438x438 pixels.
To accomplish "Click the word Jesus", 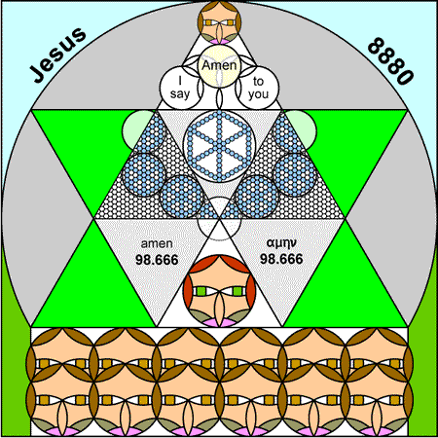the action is click(x=58, y=55).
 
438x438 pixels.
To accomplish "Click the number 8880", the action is click(x=391, y=61).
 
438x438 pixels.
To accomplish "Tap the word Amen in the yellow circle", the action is click(x=219, y=65).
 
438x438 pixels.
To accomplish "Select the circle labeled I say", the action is click(x=180, y=88).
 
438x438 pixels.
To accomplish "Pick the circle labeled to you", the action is click(x=258, y=88).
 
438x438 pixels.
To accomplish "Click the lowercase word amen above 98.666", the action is click(x=157, y=243).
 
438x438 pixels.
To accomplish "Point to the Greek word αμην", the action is click(x=281, y=242).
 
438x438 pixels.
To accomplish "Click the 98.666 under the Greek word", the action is click(x=281, y=259).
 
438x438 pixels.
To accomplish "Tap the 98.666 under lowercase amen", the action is click(x=157, y=260).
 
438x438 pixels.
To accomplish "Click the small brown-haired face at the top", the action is click(x=219, y=22).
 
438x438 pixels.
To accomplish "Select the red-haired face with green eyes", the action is click(x=219, y=291).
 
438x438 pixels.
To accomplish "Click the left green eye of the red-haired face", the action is click(x=201, y=291).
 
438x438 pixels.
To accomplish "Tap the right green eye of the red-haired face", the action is click(x=237, y=291).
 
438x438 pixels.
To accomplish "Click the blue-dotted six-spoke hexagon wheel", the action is click(x=219, y=146).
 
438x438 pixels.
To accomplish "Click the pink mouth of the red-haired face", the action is click(x=219, y=322).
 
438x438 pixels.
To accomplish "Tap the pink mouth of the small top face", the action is click(x=219, y=41).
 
